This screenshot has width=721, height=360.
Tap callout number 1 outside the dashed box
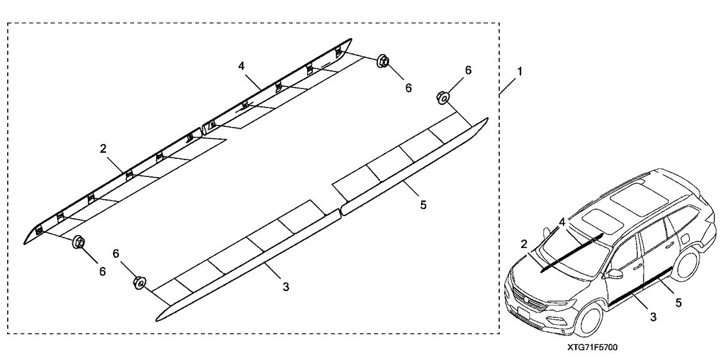[519, 70]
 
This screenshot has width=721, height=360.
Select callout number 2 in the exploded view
[103, 149]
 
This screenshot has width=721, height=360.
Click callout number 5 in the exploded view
[423, 204]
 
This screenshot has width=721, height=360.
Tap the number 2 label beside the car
[524, 244]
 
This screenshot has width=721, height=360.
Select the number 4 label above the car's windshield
[562, 223]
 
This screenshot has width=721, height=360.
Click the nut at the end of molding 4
[383, 62]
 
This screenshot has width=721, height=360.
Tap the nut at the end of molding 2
[79, 242]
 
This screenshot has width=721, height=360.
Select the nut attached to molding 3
[139, 283]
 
